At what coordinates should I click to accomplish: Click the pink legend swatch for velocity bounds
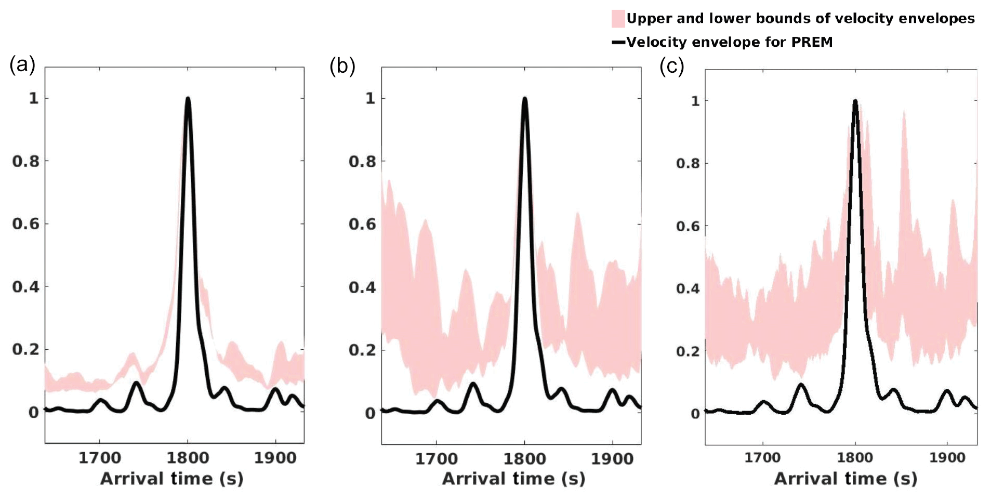pos(617,19)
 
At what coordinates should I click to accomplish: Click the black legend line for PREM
pos(618,42)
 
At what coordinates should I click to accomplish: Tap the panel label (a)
pos(22,65)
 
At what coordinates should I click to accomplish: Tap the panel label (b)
pos(342,67)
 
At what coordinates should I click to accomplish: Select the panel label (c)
pos(671,67)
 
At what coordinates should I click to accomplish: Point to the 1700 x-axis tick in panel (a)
pos(100,458)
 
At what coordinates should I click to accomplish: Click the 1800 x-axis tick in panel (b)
pos(524,459)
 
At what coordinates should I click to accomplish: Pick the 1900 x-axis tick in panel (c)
pos(947,458)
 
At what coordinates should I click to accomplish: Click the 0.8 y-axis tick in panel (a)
pos(25,161)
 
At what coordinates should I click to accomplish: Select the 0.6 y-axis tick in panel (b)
pos(362,224)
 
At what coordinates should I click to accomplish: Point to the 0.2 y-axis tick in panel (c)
pos(688,351)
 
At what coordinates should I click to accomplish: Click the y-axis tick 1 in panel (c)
pos(695,101)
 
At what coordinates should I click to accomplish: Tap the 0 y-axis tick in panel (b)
pos(370,413)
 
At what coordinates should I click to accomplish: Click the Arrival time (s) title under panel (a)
pos(171,479)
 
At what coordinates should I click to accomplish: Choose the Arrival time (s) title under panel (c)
pos(845,479)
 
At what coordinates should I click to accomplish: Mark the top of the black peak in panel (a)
pos(188,99)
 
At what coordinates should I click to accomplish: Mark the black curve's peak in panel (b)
pos(524,99)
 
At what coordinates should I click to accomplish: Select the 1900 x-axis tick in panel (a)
pos(275,458)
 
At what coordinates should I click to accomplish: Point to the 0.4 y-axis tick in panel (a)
pos(25,287)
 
